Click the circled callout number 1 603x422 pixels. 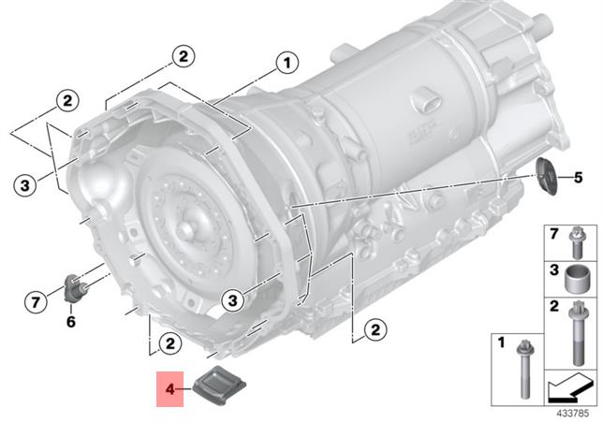pos(287,63)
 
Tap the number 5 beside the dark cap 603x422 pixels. pos(578,178)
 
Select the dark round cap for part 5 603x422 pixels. pos(546,177)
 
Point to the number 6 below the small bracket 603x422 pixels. pos(71,321)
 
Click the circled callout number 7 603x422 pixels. pos(36,301)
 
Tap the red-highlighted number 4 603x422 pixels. pos(169,389)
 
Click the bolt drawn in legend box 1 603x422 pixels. pos(523,369)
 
